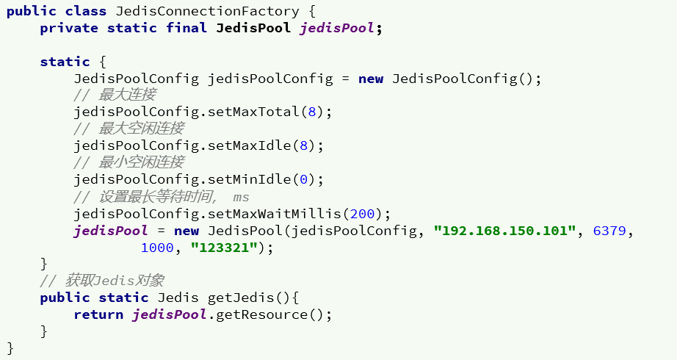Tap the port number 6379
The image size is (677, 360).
pos(609,231)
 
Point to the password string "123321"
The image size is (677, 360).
pos(225,248)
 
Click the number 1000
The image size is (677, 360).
pos(157,248)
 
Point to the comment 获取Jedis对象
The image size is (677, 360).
pos(114,281)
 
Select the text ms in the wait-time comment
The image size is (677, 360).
pos(242,197)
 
